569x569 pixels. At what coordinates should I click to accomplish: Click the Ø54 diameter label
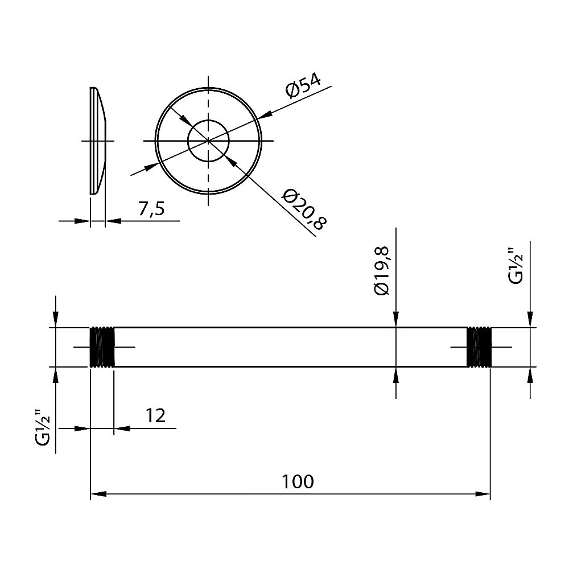tap(303, 86)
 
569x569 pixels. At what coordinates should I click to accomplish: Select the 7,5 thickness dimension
tap(151, 209)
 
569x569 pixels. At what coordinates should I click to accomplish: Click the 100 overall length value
tap(298, 481)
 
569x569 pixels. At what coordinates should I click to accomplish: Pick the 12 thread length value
tap(155, 416)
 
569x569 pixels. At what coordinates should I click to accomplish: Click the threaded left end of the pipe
tap(102, 347)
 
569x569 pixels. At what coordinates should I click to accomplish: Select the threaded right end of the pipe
tap(479, 347)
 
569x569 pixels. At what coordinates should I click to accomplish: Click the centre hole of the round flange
tap(208, 141)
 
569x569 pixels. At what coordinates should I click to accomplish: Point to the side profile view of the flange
tap(98, 141)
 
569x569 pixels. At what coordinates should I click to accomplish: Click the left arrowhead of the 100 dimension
tap(98, 494)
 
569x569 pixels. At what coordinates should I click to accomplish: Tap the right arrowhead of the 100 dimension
tap(483, 494)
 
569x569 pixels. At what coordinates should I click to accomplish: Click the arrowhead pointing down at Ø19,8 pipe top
tap(396, 319)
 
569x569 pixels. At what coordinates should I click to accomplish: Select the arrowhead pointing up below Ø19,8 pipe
tap(396, 375)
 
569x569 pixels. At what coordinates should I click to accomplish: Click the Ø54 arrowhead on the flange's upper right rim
tap(265, 114)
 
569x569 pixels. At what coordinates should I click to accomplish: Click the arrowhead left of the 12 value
tap(82, 428)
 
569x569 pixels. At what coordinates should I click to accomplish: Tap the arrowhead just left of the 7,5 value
tap(113, 221)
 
